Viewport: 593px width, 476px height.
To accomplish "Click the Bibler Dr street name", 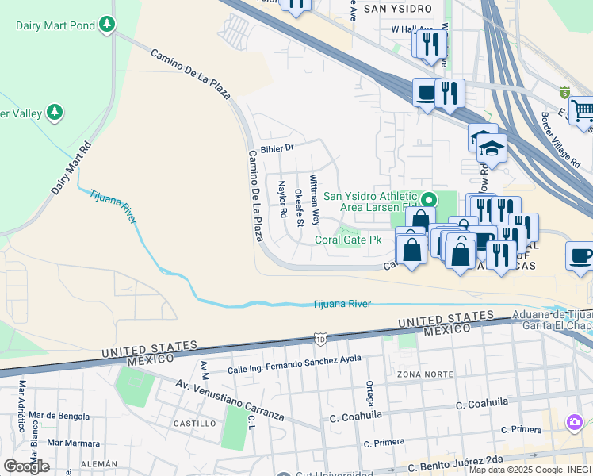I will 277,148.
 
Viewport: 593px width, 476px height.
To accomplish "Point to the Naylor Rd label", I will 281,198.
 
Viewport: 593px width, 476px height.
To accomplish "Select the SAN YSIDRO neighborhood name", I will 398,9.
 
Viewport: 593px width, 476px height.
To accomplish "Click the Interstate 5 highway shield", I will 564,93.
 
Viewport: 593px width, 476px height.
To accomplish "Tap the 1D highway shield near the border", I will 319,339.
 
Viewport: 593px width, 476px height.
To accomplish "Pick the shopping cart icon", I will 582,110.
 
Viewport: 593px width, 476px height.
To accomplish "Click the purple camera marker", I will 572,420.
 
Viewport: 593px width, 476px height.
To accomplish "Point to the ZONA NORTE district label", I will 419,374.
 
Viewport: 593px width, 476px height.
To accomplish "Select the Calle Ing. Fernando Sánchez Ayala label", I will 294,364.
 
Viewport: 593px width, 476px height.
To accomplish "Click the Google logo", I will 26,466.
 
